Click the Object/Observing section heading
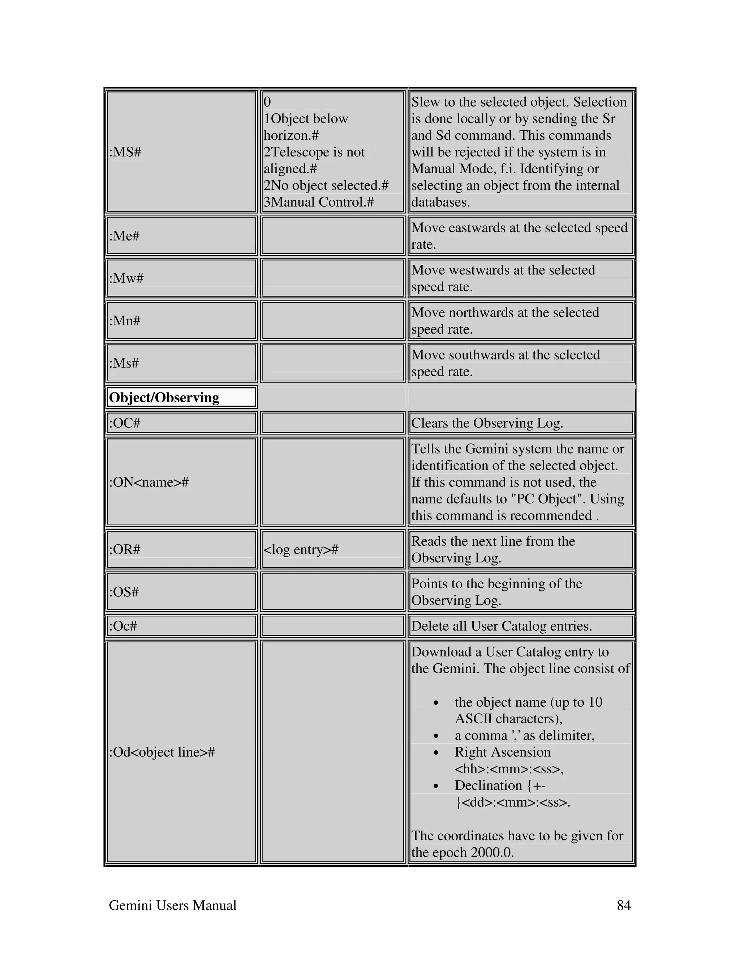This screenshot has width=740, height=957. [164, 398]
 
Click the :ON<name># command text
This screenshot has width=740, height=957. [149, 482]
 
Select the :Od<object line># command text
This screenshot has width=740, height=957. [162, 752]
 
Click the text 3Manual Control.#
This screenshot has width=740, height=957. [319, 202]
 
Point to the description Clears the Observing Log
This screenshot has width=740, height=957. [487, 423]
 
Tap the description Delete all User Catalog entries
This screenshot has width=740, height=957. [501, 626]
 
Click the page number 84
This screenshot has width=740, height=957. [623, 905]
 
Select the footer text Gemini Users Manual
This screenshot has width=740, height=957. [172, 905]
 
